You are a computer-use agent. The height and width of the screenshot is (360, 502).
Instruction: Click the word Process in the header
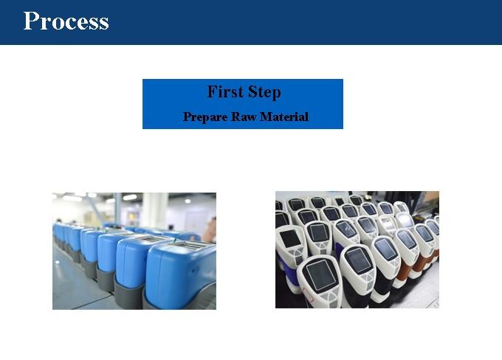(66, 21)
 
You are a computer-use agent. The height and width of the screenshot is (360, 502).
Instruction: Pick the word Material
(284, 117)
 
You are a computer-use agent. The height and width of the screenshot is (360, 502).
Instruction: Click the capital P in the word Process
(30, 21)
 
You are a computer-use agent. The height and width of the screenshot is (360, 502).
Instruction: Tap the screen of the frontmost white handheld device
(319, 275)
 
